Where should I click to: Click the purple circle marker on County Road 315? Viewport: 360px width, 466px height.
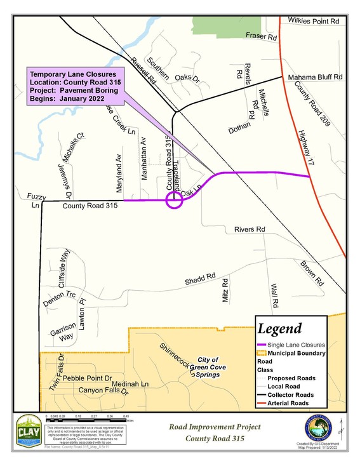coord(174,201)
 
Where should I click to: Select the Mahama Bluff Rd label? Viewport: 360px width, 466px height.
coord(315,77)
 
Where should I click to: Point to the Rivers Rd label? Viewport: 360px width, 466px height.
coord(248,229)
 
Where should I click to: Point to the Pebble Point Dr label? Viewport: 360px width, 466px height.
coord(88,377)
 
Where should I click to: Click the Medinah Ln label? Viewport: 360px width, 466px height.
coord(129,384)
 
